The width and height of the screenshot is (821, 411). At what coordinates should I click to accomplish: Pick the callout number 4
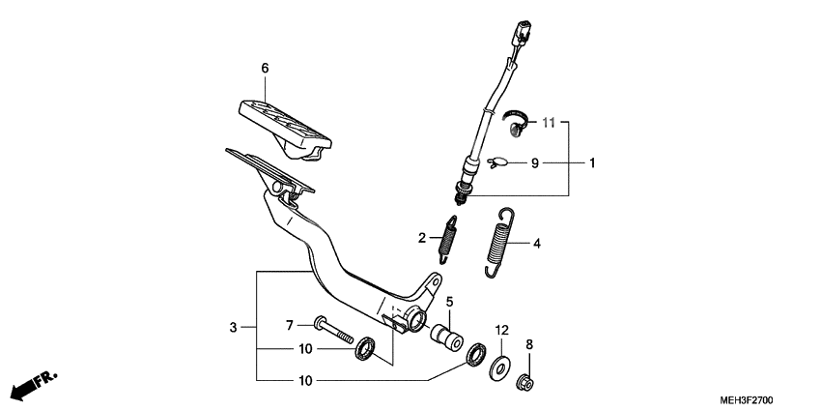(x=536, y=244)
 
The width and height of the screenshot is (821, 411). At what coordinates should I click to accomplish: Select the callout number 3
(x=233, y=329)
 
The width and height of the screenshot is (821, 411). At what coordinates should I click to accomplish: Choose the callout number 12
(x=501, y=330)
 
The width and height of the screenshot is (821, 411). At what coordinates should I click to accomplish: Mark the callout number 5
(x=448, y=302)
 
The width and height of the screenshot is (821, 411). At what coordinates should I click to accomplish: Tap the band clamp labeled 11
(x=516, y=120)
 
